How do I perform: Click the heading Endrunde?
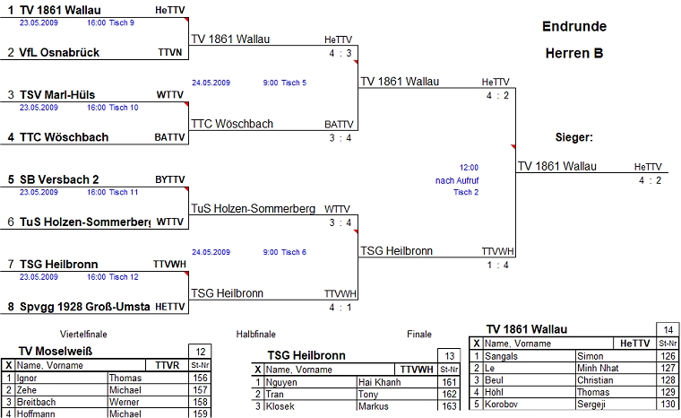[573, 26]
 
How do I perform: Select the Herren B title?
[573, 53]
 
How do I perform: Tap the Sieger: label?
[574, 138]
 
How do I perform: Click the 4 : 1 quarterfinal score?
[340, 308]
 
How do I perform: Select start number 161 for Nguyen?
[448, 382]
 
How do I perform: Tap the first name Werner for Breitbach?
[125, 402]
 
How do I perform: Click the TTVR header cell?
[167, 366]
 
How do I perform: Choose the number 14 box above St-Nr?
[667, 329]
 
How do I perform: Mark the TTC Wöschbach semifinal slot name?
[231, 124]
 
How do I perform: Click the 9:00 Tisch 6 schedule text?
[285, 252]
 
